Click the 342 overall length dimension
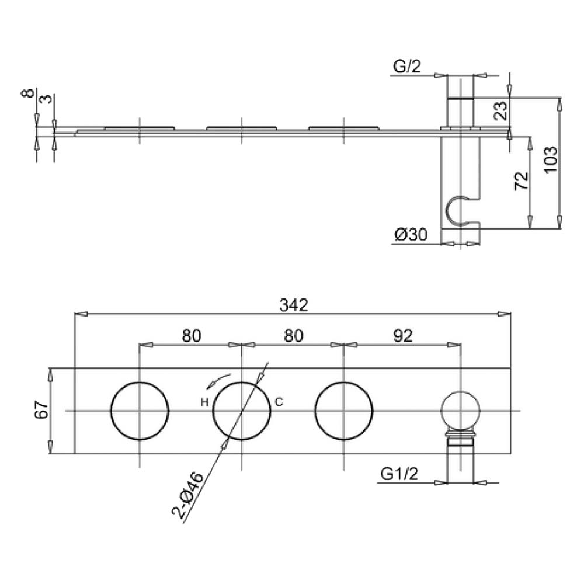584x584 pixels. [x=293, y=304]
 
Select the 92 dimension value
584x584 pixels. [x=403, y=335]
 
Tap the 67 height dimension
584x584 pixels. [x=40, y=411]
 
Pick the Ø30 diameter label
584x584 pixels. [x=411, y=235]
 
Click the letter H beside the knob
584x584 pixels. [x=204, y=402]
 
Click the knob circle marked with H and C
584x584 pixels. [x=242, y=411]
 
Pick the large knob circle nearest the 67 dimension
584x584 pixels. [x=140, y=411]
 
